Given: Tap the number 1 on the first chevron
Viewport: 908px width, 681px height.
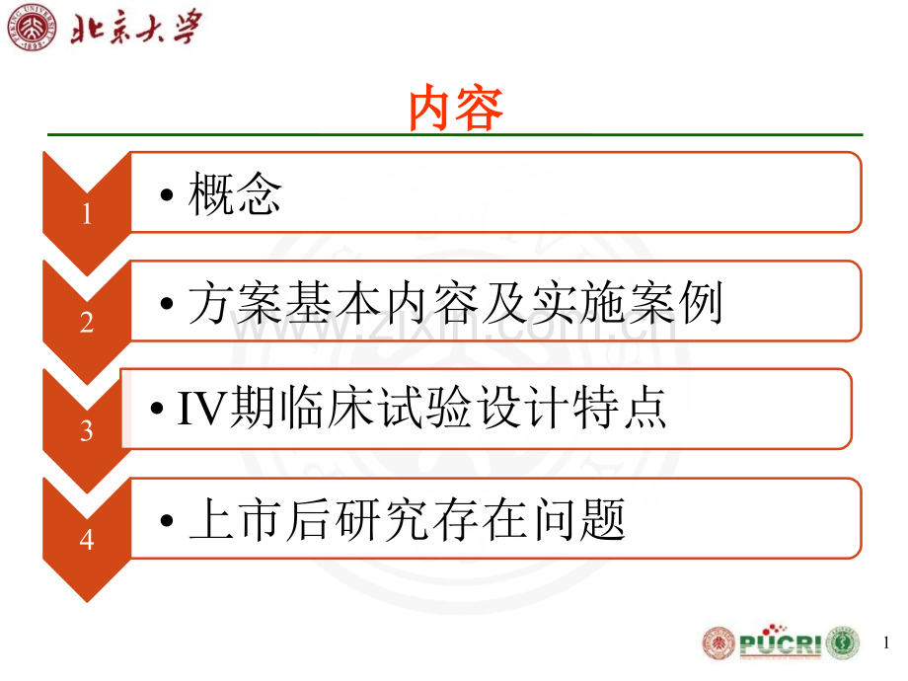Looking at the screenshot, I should tap(87, 213).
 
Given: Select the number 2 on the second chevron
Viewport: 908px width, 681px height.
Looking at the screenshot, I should tap(87, 322).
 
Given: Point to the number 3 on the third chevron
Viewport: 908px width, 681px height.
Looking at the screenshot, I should tap(87, 430).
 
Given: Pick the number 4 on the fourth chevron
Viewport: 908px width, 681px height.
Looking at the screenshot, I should tap(87, 539).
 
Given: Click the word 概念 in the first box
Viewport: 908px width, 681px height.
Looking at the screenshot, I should tap(235, 194).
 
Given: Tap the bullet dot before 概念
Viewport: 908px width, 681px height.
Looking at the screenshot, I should tap(170, 196).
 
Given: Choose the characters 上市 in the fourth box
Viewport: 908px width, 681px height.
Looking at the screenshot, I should tap(235, 519).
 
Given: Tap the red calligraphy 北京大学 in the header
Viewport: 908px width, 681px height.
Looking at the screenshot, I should tap(136, 28).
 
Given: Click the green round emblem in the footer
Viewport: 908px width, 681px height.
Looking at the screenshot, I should tap(843, 643).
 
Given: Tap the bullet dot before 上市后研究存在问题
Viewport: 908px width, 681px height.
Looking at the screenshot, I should tap(170, 521).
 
